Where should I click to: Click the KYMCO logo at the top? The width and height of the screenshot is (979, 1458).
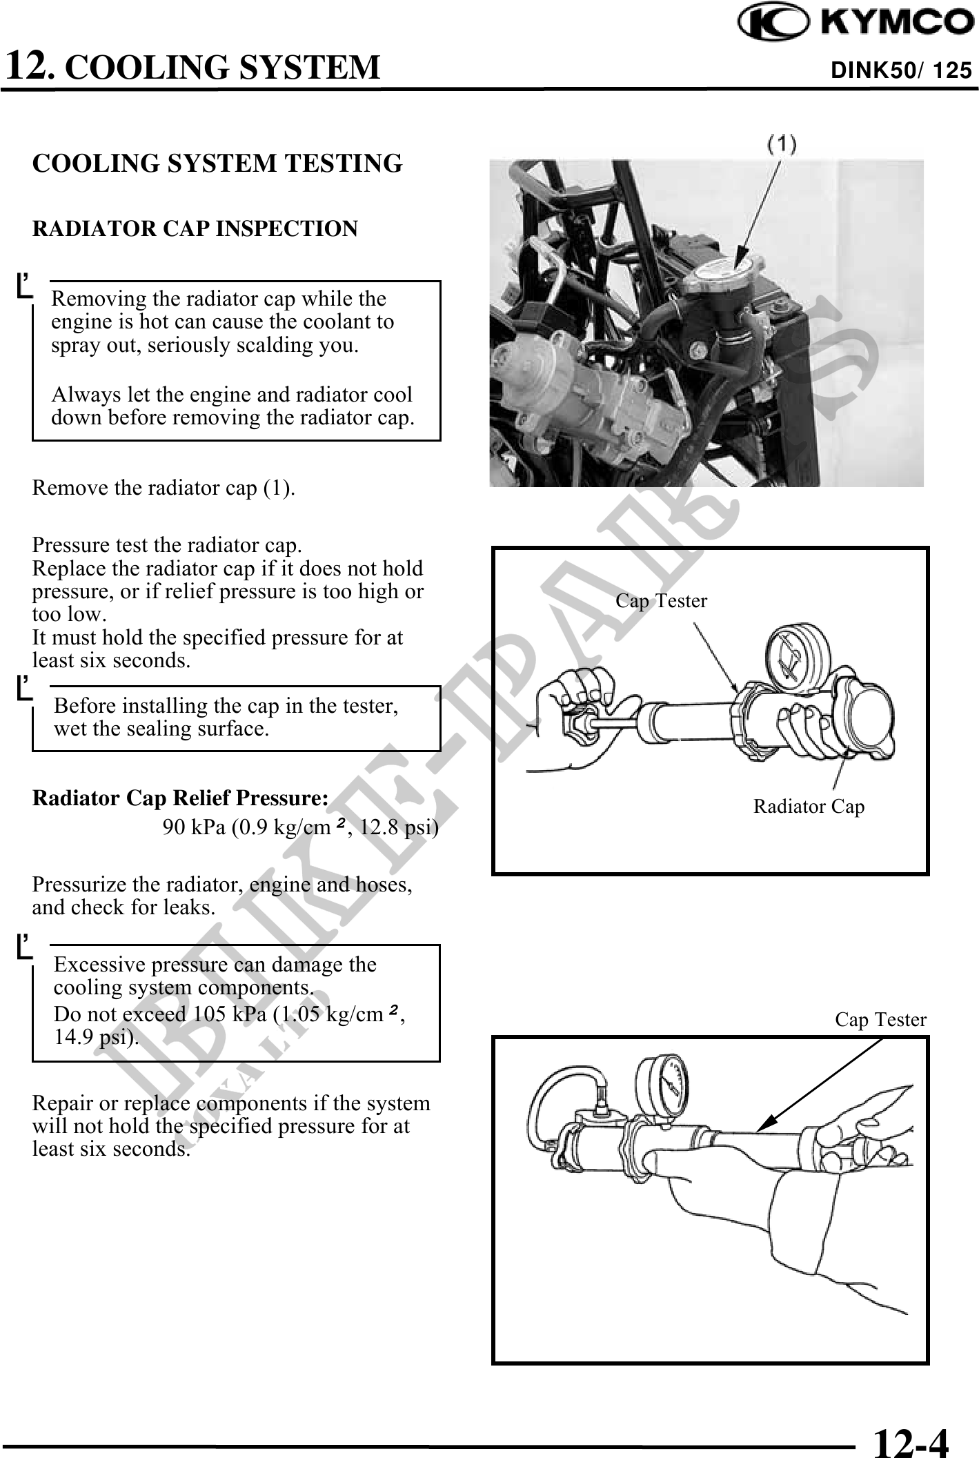pyautogui.click(x=856, y=25)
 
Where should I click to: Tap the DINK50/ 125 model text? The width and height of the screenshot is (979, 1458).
pyautogui.click(x=901, y=70)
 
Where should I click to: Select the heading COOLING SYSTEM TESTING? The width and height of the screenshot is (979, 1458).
pyautogui.click(x=217, y=164)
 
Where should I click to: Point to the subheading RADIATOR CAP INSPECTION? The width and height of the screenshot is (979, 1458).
pyautogui.click(x=195, y=228)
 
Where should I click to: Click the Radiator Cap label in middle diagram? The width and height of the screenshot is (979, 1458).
pyautogui.click(x=809, y=806)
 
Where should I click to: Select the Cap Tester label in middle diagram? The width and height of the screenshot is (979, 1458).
pyautogui.click(x=661, y=601)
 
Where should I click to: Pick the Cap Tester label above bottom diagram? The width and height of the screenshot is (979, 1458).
pyautogui.click(x=880, y=1019)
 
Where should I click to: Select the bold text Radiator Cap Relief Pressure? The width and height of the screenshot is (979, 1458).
pyautogui.click(x=181, y=798)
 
